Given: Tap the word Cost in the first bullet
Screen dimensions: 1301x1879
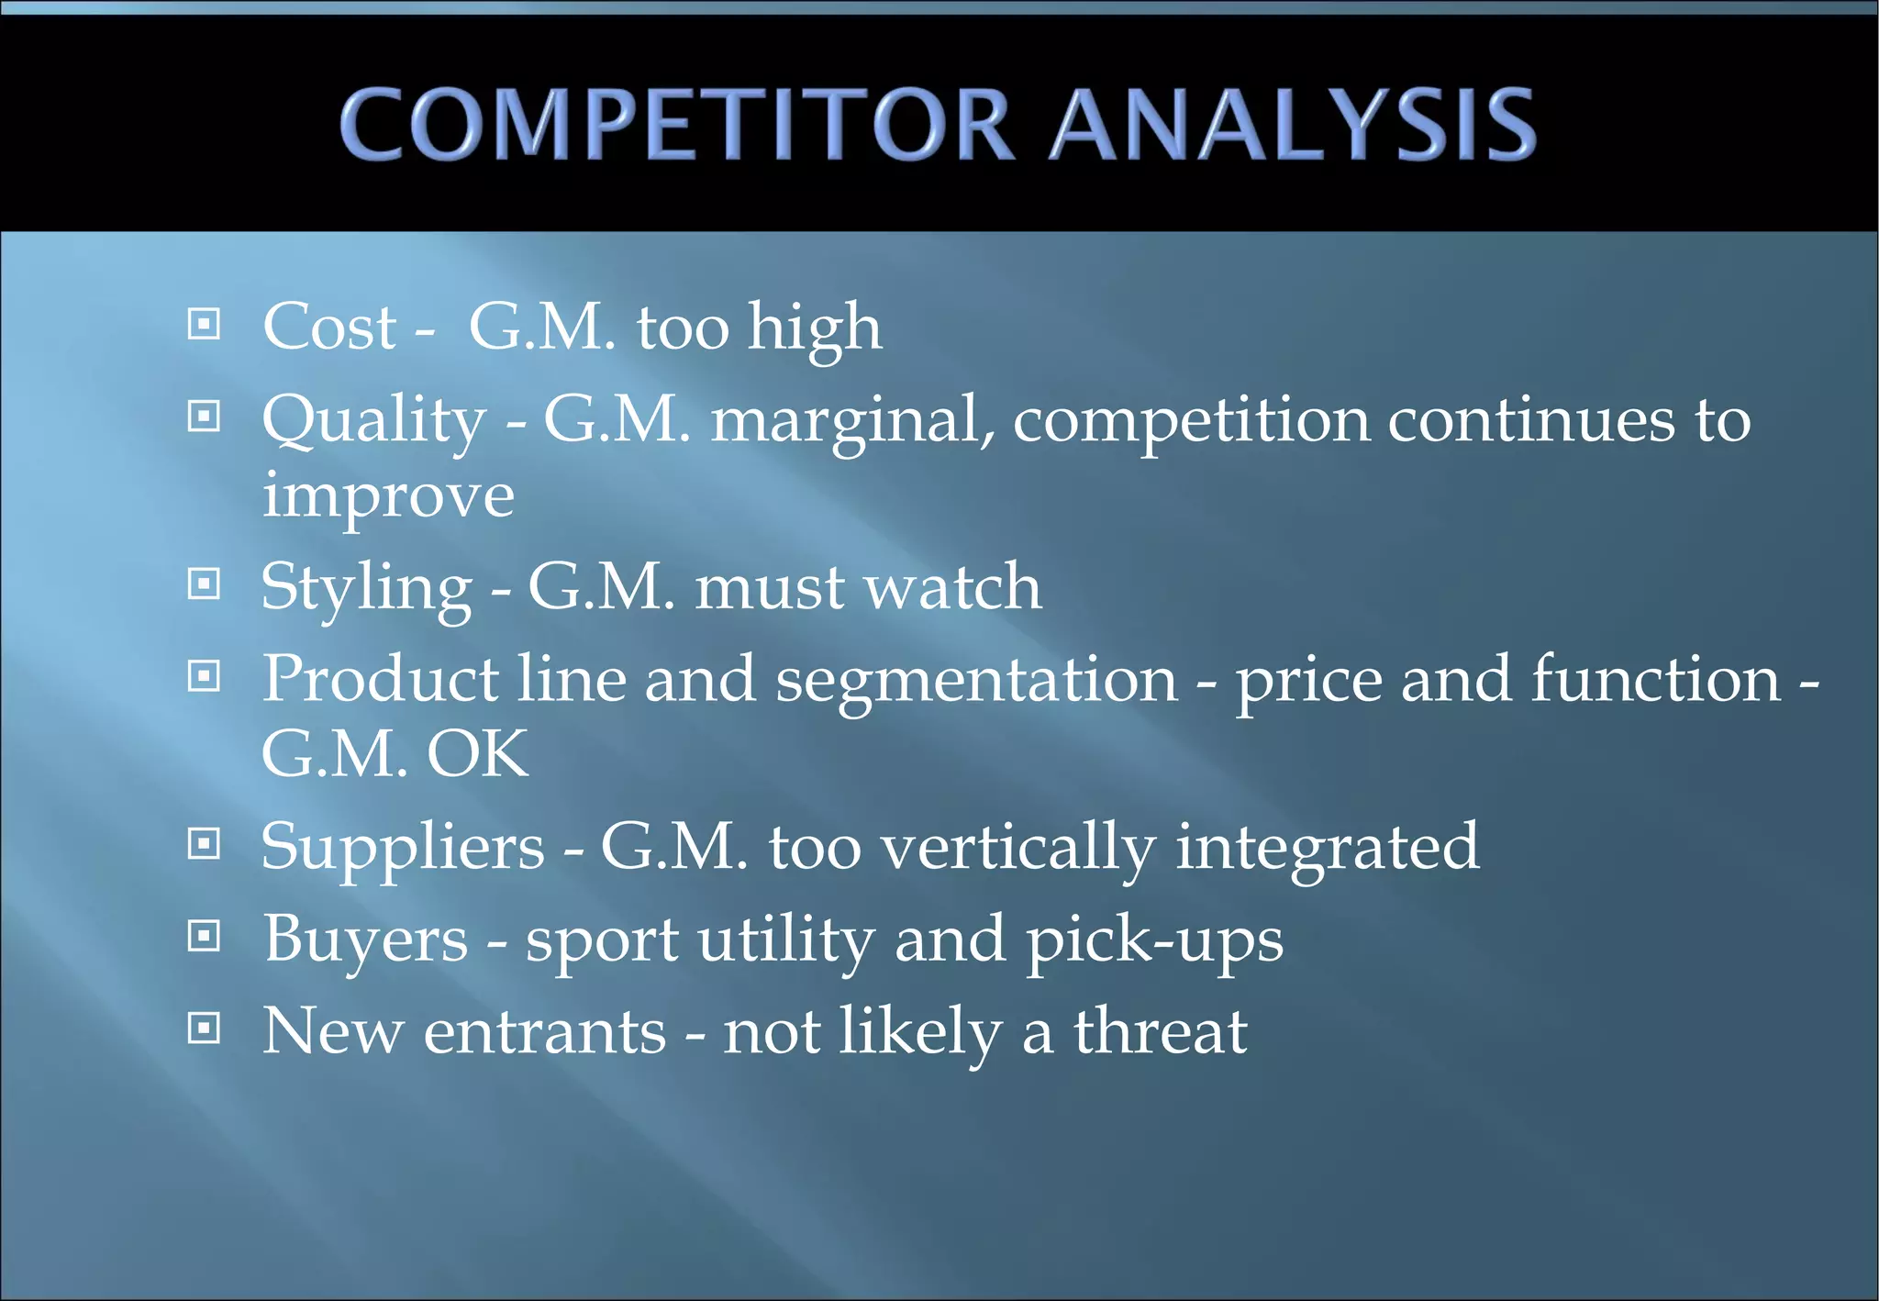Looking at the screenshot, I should click(329, 327).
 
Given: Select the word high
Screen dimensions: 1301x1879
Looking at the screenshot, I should click(815, 328).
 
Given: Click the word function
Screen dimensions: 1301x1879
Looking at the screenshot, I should click(1656, 679).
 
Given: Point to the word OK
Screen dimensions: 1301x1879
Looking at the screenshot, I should click(477, 754).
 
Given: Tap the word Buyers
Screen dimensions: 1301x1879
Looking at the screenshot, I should click(366, 940).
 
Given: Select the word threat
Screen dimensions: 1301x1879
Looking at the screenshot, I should click(1161, 1032).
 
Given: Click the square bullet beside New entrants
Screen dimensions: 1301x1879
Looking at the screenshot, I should click(204, 1028).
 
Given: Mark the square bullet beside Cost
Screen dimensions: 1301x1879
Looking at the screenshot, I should click(204, 323).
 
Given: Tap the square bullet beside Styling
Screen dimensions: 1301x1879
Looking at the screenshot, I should click(204, 584).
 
